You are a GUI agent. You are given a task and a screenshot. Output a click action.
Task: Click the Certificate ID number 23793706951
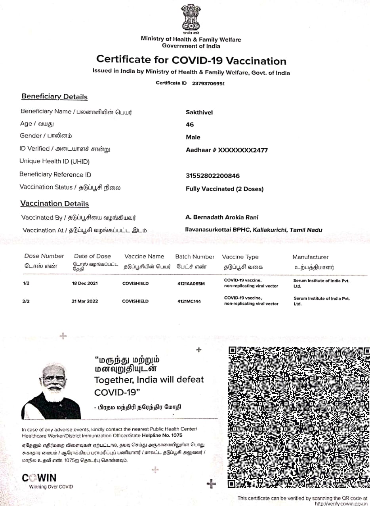(x=208, y=83)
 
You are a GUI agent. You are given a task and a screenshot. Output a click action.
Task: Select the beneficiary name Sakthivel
(x=199, y=112)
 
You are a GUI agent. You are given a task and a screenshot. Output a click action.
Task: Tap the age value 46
(x=190, y=125)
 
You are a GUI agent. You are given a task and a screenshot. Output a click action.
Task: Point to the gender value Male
(x=193, y=137)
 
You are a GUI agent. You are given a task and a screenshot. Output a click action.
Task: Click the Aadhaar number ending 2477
(x=227, y=150)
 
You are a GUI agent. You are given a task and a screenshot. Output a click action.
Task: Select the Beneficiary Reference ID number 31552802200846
(x=212, y=176)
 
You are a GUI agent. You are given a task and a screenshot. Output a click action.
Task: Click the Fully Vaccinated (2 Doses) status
(x=224, y=189)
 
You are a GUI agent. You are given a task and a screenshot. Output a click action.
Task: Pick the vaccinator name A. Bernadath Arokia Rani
(x=222, y=217)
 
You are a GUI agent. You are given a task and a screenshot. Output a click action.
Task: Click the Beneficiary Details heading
(x=54, y=97)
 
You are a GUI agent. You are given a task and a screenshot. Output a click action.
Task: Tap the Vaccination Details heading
(x=55, y=204)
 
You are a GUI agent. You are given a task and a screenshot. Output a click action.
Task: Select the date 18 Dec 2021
(x=85, y=283)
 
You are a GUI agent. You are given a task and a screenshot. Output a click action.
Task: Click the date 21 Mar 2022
(x=85, y=301)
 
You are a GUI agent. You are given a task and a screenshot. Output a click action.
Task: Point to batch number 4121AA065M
(x=191, y=283)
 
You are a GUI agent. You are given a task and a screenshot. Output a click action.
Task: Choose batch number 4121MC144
(x=189, y=301)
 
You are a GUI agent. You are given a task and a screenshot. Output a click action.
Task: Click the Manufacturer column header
(x=310, y=257)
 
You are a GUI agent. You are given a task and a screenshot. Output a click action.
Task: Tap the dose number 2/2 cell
(x=26, y=301)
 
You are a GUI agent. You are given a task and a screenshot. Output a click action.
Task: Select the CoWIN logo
(x=39, y=478)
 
